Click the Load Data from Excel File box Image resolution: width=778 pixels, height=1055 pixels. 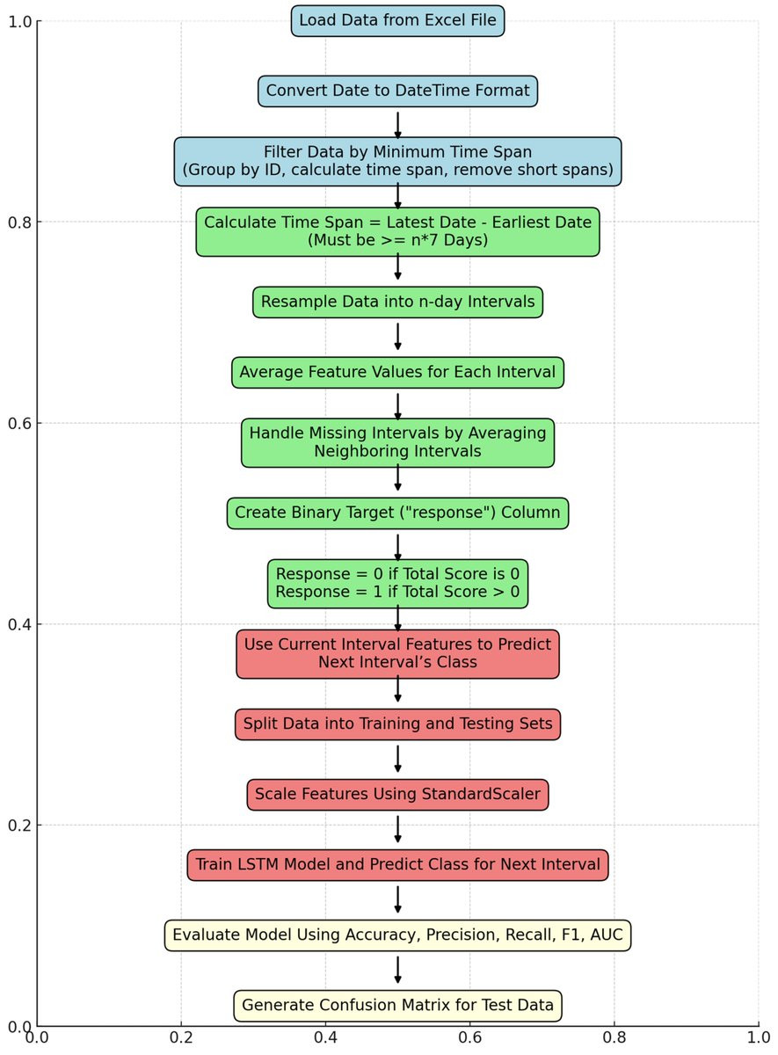(397, 21)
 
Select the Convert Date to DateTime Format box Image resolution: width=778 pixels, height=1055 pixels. (397, 91)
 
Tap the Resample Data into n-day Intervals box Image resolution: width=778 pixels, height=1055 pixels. (397, 302)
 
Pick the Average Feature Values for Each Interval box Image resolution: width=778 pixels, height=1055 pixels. (397, 372)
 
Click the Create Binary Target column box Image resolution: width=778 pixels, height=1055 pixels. (397, 513)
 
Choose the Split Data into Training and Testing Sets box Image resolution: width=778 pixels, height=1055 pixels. (397, 724)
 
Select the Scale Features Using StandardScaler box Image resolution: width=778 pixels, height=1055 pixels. (397, 794)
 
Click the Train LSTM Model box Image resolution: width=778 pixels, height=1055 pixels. (397, 865)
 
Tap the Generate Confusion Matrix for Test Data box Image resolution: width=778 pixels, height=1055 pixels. (397, 1005)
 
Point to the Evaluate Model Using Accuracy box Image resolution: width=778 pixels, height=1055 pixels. (397, 935)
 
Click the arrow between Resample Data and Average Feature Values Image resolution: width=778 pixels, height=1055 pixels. (397, 336)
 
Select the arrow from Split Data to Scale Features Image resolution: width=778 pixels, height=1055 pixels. (397, 758)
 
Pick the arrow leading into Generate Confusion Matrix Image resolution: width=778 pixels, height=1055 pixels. (397, 969)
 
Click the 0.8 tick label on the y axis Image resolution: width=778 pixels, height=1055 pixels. (19, 222)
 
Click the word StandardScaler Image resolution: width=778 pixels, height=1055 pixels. (481, 794)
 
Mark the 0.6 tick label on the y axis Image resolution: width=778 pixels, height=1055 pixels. (19, 423)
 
